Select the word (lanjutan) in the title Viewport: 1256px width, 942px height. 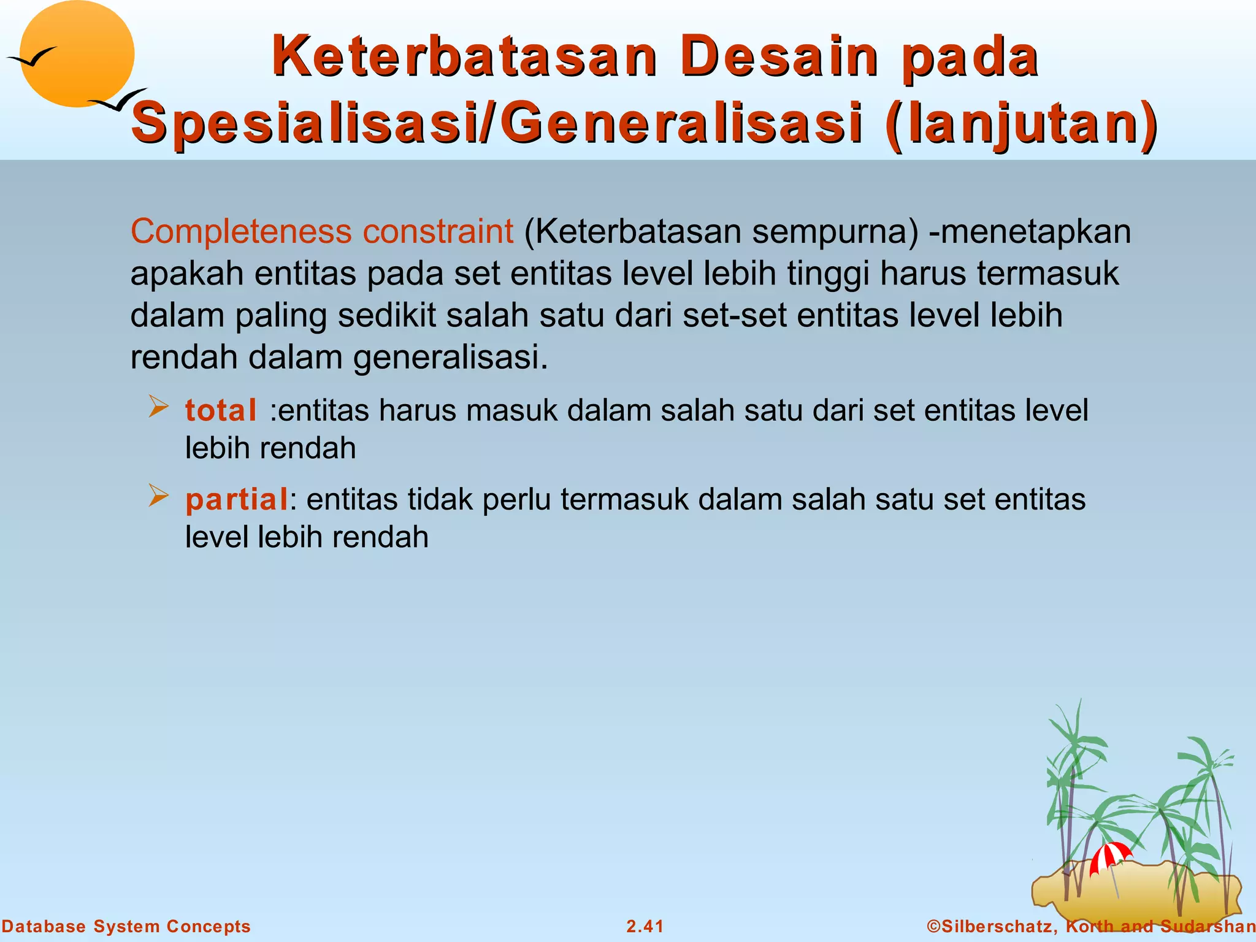(1022, 124)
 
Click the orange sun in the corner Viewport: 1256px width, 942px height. (77, 54)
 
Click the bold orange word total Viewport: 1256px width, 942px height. (221, 410)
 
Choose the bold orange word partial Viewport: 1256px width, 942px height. (237, 499)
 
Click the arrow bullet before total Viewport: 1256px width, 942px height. (158, 407)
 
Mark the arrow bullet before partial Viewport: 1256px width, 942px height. (158, 496)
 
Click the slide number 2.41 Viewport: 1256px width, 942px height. (645, 926)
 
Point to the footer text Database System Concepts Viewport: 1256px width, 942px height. (126, 926)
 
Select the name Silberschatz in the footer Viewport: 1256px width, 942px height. (997, 926)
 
